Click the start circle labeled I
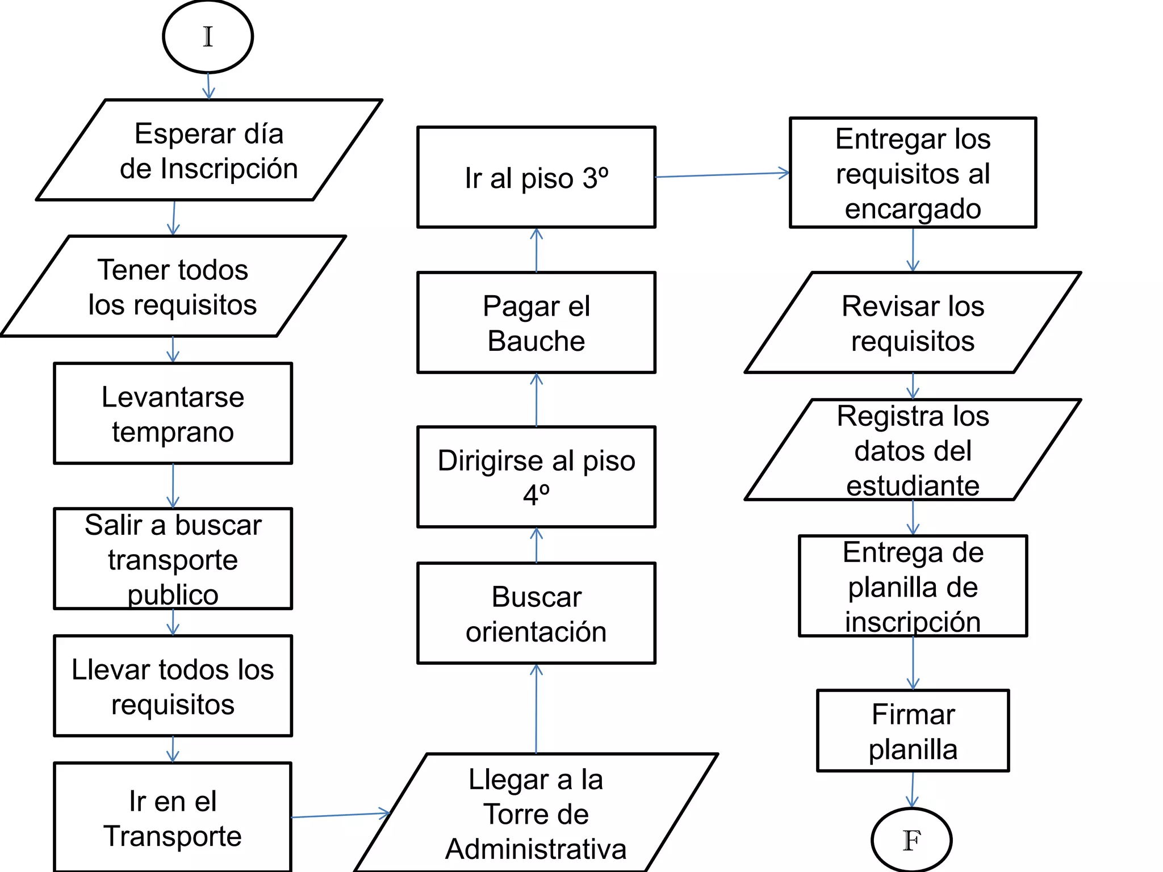coord(208,37)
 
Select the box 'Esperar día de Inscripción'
coord(209,150)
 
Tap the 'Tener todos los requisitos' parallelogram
coord(173,287)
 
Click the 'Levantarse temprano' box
coord(173,414)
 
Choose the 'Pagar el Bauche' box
coord(536,322)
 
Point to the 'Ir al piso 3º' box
coord(536,178)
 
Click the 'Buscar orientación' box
coord(536,614)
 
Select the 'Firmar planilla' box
coord(913,731)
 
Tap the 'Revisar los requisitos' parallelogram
coord(913,323)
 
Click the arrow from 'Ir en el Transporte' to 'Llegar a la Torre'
coord(340,815)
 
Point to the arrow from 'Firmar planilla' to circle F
coord(912,789)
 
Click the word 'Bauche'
coord(536,341)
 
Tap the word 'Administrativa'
coord(536,849)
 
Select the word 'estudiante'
coord(913,486)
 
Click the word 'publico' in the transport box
coord(173,595)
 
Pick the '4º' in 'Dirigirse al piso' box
coord(536,495)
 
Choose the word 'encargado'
coord(913,208)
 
